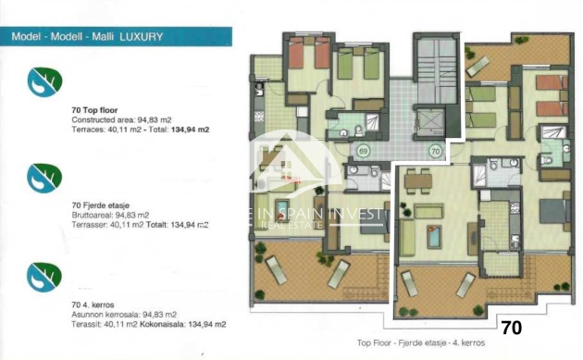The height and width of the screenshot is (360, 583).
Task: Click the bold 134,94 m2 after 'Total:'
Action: point(190,130)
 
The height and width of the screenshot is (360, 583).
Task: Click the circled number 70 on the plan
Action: point(434,150)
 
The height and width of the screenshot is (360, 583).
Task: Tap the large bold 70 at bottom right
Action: point(511,327)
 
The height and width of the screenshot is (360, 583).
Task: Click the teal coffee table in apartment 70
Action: point(435,237)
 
